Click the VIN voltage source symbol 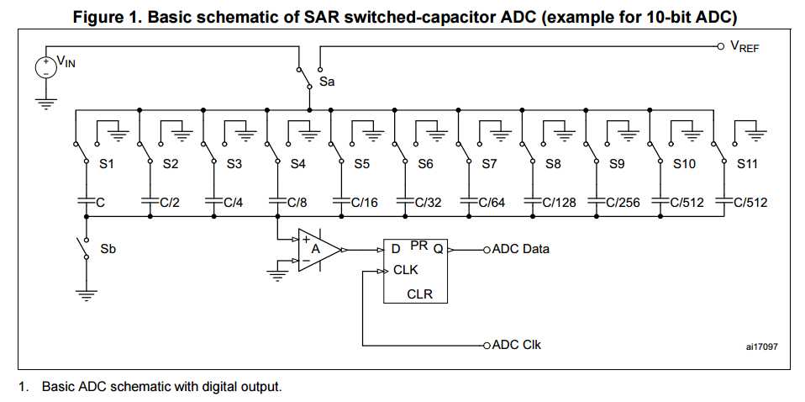[x=45, y=67]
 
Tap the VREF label [x=744, y=47]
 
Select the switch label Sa [x=327, y=82]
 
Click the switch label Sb [x=108, y=250]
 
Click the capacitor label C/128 [x=559, y=202]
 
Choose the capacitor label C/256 [x=623, y=202]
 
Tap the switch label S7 [x=489, y=165]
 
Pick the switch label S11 [x=747, y=165]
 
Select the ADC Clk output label [x=517, y=345]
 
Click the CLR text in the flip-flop [x=419, y=294]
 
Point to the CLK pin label [x=405, y=270]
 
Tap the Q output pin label [x=438, y=248]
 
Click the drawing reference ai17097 [x=762, y=346]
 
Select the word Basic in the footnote [x=58, y=387]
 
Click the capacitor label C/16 [x=365, y=202]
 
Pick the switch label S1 [x=107, y=165]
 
